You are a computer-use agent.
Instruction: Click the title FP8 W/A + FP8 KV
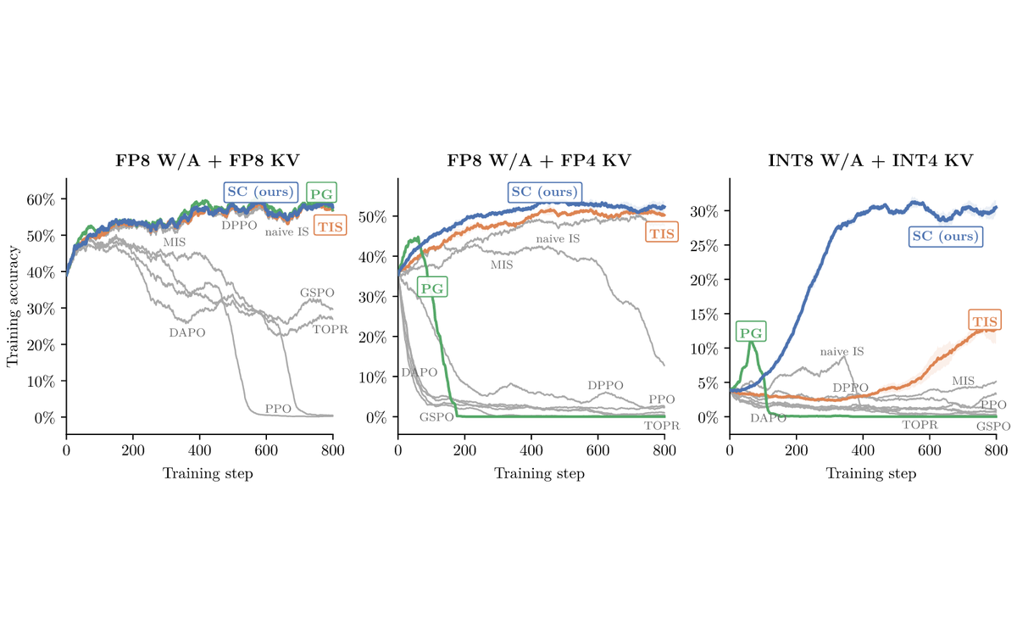[208, 161]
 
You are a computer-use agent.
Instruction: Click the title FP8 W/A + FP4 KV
[539, 161]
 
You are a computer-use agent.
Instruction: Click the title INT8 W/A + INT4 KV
[870, 161]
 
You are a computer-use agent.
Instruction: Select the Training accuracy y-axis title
[13, 306]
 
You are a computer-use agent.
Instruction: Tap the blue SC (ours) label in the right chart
[946, 237]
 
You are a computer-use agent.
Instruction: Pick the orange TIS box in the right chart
[985, 321]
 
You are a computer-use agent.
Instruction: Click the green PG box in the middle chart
[432, 288]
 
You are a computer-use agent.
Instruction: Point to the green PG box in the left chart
[321, 193]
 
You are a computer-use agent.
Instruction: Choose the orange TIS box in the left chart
[330, 226]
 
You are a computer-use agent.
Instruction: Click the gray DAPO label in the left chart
[187, 333]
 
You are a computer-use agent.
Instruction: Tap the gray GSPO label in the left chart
[317, 293]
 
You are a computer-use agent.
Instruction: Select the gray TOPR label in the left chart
[330, 329]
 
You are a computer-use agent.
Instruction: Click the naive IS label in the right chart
[842, 351]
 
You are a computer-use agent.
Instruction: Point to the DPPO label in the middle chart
[605, 386]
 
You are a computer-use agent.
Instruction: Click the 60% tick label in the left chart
[41, 199]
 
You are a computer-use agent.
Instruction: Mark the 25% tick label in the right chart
[704, 245]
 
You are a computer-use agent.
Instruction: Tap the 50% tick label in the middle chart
[373, 217]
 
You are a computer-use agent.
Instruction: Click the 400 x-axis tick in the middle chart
[531, 450]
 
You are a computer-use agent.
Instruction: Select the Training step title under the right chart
[871, 473]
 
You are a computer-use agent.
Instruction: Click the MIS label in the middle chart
[502, 265]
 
